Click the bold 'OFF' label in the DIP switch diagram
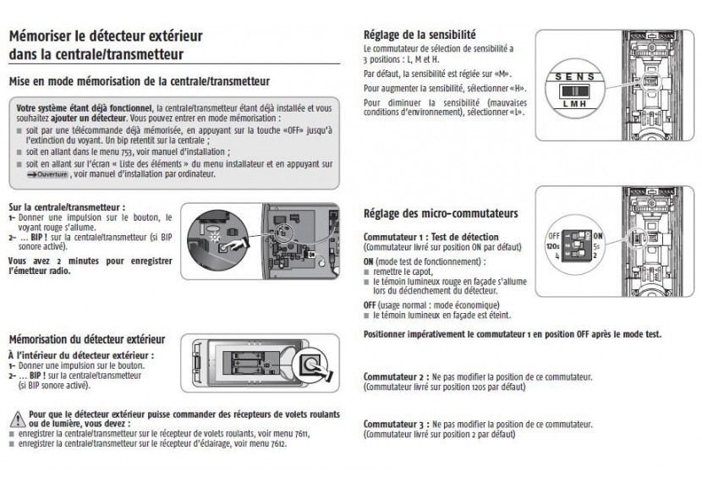[555, 233]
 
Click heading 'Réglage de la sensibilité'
[419, 36]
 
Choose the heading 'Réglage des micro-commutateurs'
[440, 213]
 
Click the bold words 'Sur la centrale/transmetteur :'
[66, 206]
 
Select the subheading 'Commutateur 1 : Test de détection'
[430, 236]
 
